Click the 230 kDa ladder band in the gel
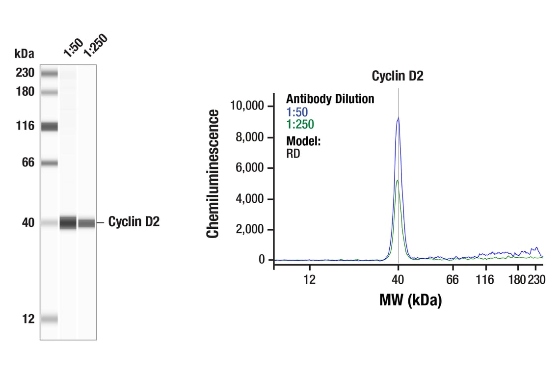pyautogui.click(x=49, y=74)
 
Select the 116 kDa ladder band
pyautogui.click(x=49, y=127)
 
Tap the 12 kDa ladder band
pyautogui.click(x=49, y=319)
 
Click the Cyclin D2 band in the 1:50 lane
pyautogui.click(x=68, y=223)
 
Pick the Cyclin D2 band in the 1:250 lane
pyautogui.click(x=87, y=223)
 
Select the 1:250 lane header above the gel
pyautogui.click(x=95, y=45)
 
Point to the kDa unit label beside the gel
pyautogui.click(x=25, y=53)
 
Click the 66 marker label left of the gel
pyautogui.click(x=28, y=162)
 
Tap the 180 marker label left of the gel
pyautogui.click(x=25, y=92)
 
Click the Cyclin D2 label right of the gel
pyautogui.click(x=133, y=222)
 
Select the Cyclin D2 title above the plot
pyautogui.click(x=397, y=76)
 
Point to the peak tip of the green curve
pyautogui.click(x=397, y=181)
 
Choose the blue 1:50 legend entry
pyautogui.click(x=297, y=112)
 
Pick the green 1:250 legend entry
pyautogui.click(x=300, y=125)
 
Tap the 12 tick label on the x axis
pyautogui.click(x=309, y=280)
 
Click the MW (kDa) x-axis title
pyautogui.click(x=410, y=299)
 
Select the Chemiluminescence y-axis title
pyautogui.click(x=213, y=174)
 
